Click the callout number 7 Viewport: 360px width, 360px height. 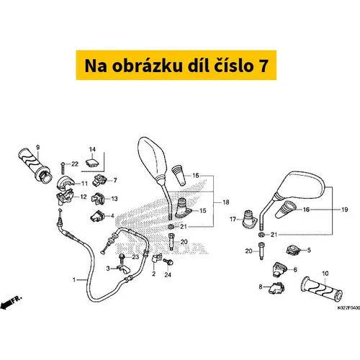115,180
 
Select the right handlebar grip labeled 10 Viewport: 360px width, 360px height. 322,289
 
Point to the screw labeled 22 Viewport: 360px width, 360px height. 63,168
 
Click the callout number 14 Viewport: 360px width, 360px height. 92,150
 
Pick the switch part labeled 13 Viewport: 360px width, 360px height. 98,199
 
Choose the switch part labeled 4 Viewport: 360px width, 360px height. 96,216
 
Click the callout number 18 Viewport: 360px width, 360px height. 226,202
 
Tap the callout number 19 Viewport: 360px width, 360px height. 345,210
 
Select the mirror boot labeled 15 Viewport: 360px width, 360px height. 184,208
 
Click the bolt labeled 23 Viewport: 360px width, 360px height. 122,258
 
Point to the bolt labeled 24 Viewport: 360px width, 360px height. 168,261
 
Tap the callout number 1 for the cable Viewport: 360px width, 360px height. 74,279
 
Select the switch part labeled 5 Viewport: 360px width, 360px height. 293,250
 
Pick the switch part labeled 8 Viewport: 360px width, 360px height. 276,288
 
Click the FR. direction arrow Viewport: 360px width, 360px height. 11,302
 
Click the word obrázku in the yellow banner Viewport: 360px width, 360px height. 148,66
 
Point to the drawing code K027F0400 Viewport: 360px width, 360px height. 348,308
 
